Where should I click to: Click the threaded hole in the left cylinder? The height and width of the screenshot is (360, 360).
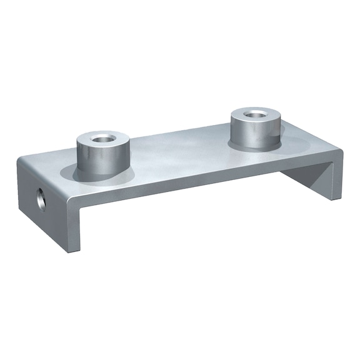click(101, 136)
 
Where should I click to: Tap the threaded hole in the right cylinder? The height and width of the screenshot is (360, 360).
click(255, 114)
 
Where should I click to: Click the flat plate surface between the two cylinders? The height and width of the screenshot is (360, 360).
click(181, 153)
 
